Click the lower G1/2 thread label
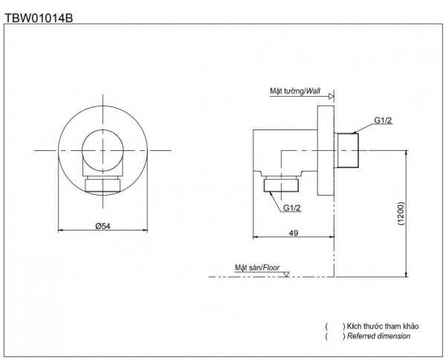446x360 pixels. click(291, 208)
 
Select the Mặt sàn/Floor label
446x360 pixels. click(257, 266)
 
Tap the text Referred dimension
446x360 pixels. click(378, 337)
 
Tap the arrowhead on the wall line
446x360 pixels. click(331, 95)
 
